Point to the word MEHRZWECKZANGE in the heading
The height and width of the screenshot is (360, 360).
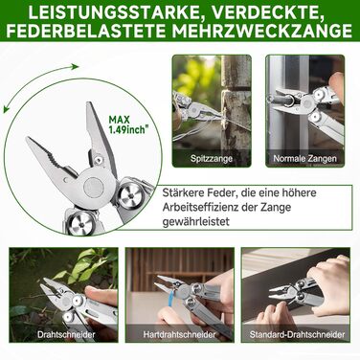click(x=261, y=32)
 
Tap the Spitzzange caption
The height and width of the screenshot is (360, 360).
click(x=212, y=158)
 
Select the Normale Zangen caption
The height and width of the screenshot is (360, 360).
click(x=304, y=158)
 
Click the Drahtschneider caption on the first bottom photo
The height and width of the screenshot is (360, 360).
click(x=66, y=334)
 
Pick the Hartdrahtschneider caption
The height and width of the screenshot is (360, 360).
click(x=179, y=334)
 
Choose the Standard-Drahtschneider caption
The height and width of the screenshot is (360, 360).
click(x=297, y=334)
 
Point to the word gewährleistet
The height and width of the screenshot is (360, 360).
click(x=196, y=221)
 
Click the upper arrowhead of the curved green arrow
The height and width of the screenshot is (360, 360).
click(x=75, y=67)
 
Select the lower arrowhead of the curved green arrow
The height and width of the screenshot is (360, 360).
click(x=6, y=109)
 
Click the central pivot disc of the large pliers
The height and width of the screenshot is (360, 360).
click(x=93, y=188)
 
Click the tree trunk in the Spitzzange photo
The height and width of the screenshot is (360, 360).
click(x=236, y=111)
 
